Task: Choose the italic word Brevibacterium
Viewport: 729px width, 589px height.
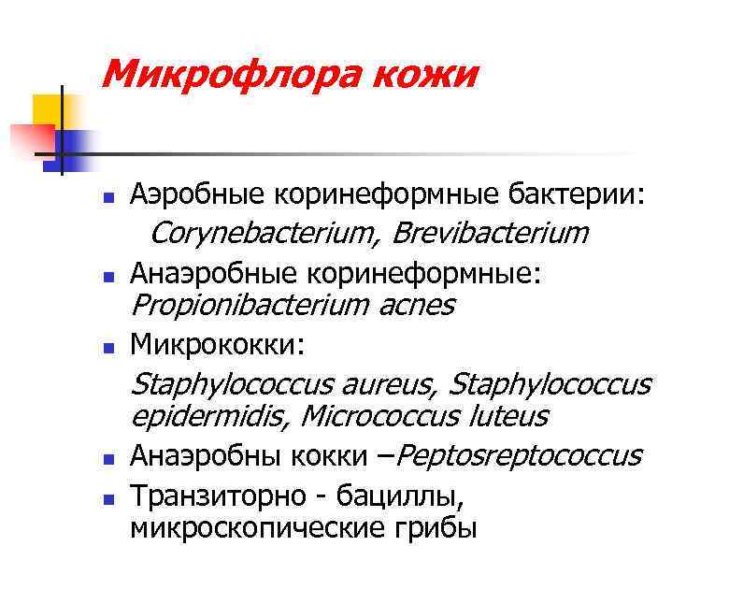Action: tap(490, 232)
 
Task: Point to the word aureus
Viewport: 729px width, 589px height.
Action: tap(392, 383)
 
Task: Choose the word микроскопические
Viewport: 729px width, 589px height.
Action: tap(259, 528)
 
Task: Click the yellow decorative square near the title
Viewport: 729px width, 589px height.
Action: tap(47, 110)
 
